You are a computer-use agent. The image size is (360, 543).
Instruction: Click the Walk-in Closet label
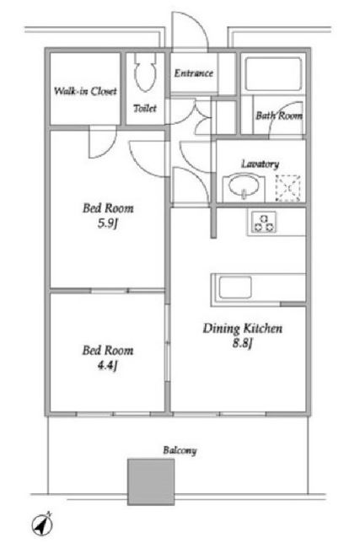click(x=85, y=91)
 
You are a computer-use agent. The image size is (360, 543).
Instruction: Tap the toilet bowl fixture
click(x=145, y=73)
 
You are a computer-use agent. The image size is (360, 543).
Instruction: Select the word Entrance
click(x=194, y=73)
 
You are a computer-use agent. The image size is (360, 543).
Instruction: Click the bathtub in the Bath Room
click(x=273, y=74)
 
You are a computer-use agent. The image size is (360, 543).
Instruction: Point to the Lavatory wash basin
click(x=244, y=187)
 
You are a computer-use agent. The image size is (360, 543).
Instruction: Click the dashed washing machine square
click(x=287, y=188)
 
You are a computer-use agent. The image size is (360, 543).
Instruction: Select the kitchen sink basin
click(x=235, y=288)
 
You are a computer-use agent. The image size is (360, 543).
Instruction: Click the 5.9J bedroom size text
click(x=108, y=223)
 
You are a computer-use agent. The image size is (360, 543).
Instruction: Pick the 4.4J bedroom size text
click(x=108, y=366)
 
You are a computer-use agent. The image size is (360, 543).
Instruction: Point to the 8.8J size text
click(x=242, y=343)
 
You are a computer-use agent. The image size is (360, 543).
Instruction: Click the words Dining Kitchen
click(x=242, y=328)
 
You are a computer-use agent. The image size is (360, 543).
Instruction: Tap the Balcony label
click(x=180, y=450)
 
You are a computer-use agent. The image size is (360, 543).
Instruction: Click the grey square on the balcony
click(x=151, y=481)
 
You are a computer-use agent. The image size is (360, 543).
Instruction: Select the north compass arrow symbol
click(x=43, y=524)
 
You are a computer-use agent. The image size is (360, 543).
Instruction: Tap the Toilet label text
click(x=145, y=108)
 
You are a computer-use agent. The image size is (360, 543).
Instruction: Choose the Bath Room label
click(x=279, y=116)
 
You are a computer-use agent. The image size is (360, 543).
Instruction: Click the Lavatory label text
click(x=260, y=164)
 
